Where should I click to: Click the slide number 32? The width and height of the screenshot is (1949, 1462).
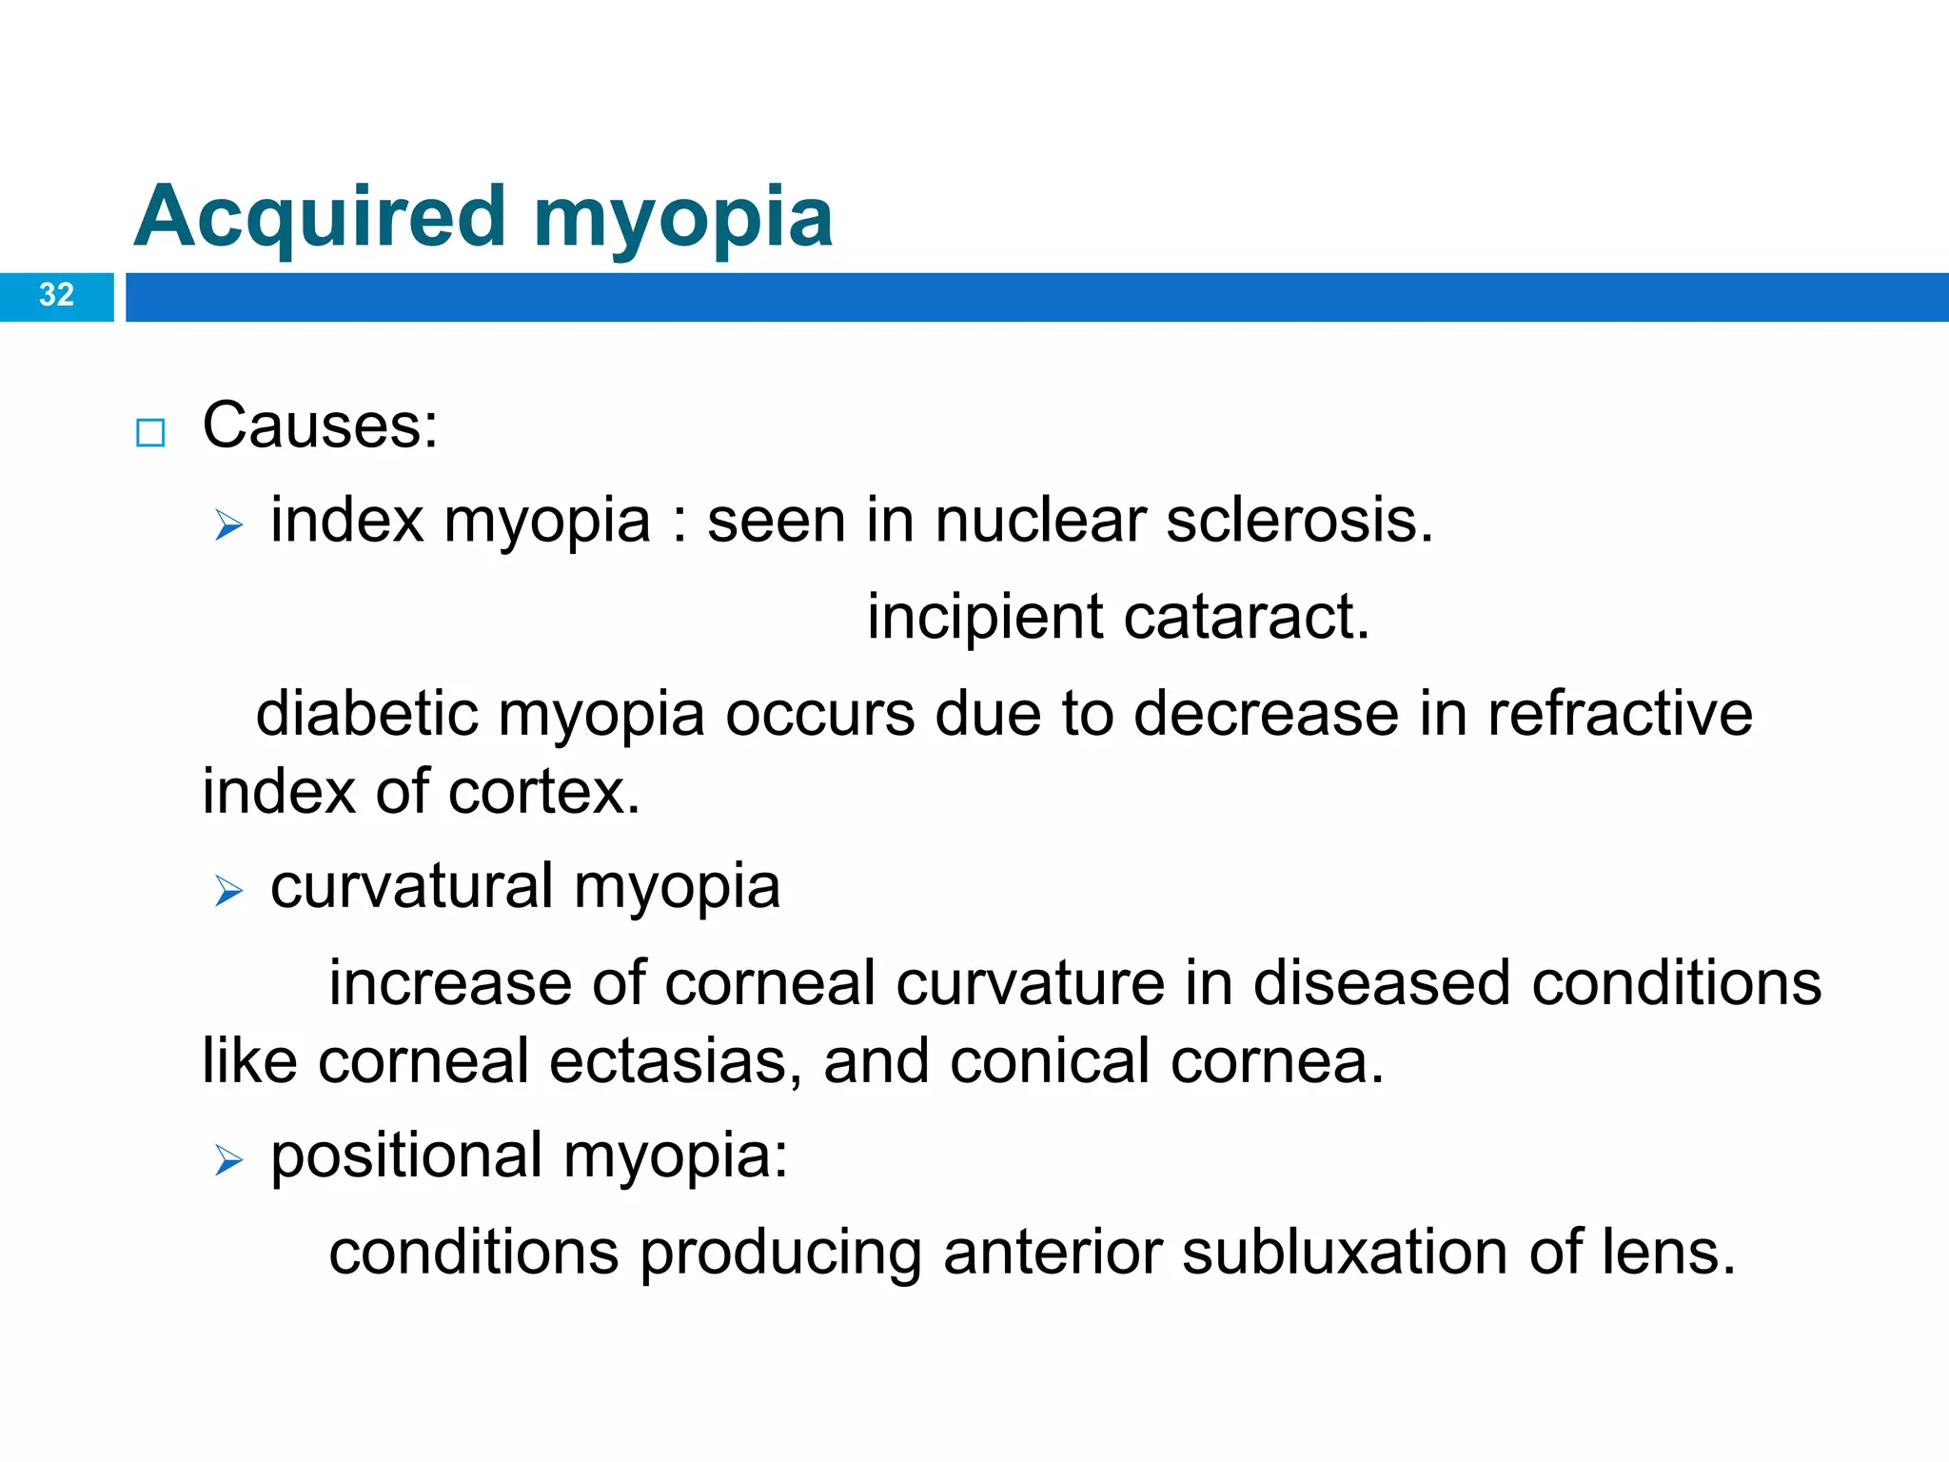(56, 295)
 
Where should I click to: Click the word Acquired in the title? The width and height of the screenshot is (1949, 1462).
(320, 217)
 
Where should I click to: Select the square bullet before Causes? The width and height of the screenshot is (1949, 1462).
(150, 433)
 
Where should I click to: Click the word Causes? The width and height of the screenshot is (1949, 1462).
(320, 425)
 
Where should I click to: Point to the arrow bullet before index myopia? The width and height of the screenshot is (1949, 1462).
(228, 524)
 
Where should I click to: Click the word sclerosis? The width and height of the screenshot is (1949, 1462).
(1299, 522)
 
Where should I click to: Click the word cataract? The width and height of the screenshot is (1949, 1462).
(1247, 619)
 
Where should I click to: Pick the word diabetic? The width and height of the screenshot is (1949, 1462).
(366, 714)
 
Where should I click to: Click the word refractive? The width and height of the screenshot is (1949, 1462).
(1620, 714)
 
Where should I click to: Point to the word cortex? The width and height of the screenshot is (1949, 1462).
(544, 792)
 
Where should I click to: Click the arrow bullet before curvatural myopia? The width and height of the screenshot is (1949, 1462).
(228, 891)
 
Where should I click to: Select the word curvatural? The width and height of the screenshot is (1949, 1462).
(412, 887)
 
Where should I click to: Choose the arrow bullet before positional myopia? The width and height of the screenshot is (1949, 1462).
(228, 1160)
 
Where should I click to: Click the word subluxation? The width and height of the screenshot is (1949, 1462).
(1345, 1253)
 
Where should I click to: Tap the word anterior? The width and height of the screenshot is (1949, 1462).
(1052, 1253)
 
